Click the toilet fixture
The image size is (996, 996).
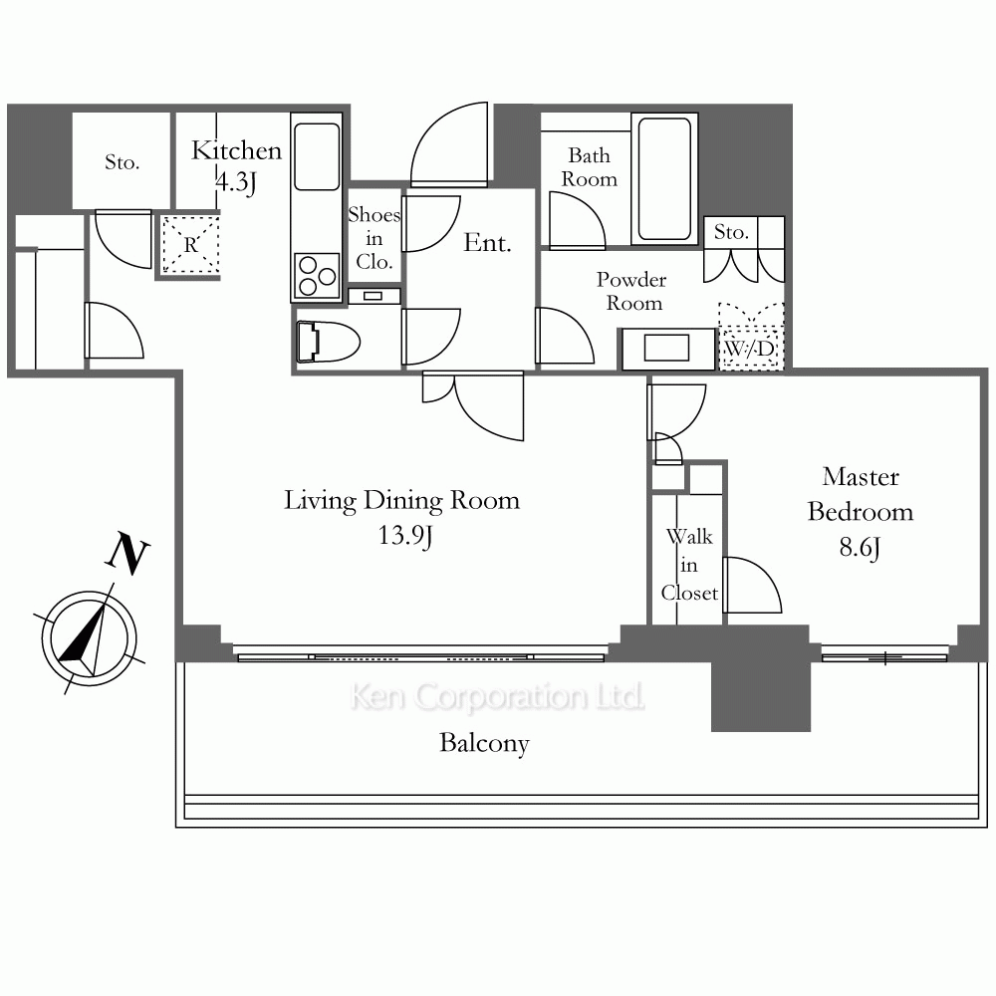click(x=328, y=342)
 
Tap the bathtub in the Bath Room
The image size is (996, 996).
click(x=664, y=179)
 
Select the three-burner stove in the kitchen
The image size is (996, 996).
click(x=317, y=276)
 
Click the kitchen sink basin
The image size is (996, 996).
click(x=317, y=156)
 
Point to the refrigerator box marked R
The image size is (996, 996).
click(x=190, y=245)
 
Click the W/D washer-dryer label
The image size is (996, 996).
click(x=750, y=348)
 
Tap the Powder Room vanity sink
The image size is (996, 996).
click(x=667, y=348)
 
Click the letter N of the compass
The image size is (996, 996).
click(x=127, y=555)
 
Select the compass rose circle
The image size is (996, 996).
click(x=89, y=638)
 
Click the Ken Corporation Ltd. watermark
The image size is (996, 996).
click(x=497, y=697)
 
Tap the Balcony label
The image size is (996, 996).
click(x=484, y=743)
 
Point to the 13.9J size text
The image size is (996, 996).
click(x=405, y=536)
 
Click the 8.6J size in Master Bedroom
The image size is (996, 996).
click(x=861, y=547)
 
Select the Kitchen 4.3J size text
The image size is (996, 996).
click(x=236, y=182)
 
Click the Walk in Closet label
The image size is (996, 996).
click(x=689, y=565)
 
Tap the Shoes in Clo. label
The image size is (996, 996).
click(x=374, y=238)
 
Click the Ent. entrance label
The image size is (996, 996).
click(x=487, y=243)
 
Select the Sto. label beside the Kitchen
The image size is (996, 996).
click(x=122, y=162)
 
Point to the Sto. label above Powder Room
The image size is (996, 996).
click(x=731, y=232)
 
